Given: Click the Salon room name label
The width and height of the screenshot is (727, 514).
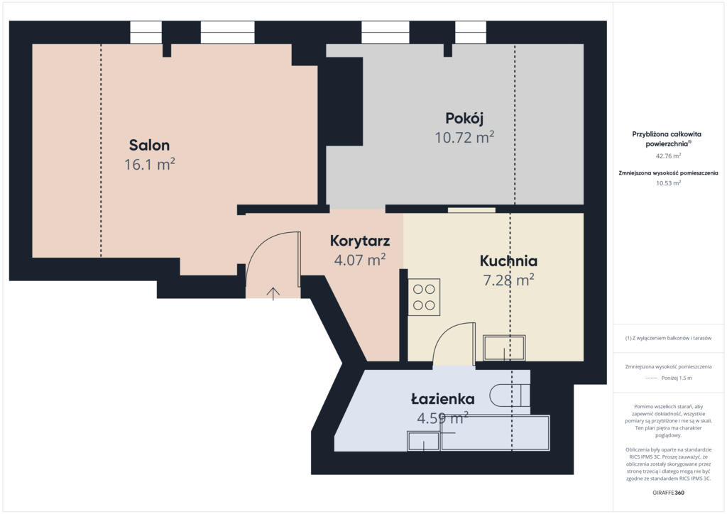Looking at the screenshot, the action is tap(149, 145).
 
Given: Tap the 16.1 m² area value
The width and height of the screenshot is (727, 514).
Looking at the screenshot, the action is tap(149, 164).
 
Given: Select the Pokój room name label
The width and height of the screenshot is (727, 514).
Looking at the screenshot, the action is tap(464, 119).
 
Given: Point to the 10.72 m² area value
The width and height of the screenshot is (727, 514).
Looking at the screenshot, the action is tap(464, 137).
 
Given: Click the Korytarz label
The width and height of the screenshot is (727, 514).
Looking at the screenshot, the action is tap(360, 241).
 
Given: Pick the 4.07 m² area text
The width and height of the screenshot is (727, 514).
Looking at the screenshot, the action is tap(360, 260).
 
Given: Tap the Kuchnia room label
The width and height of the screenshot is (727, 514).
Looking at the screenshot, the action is tap(508, 261).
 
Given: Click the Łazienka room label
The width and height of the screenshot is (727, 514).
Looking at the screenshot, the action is tap(443, 399).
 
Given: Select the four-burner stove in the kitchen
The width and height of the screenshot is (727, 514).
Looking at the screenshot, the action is tap(424, 297).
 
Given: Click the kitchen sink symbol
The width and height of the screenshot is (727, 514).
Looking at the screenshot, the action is tap(504, 348).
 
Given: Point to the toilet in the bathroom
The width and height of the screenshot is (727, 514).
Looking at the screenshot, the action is tap(510, 395).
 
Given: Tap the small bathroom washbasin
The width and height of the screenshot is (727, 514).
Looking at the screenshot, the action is tap(423, 441).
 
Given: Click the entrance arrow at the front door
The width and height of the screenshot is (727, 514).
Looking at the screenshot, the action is tap(273, 294).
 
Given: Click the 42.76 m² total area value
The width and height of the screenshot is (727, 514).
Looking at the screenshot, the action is tap(668, 155).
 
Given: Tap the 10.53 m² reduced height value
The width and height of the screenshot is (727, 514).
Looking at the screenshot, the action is tap(668, 183).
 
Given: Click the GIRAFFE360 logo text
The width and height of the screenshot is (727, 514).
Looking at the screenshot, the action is tap(668, 492).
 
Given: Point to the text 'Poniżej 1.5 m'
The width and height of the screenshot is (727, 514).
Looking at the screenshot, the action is tap(677, 378).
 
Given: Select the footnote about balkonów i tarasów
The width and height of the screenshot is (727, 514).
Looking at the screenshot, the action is tap(668, 338).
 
